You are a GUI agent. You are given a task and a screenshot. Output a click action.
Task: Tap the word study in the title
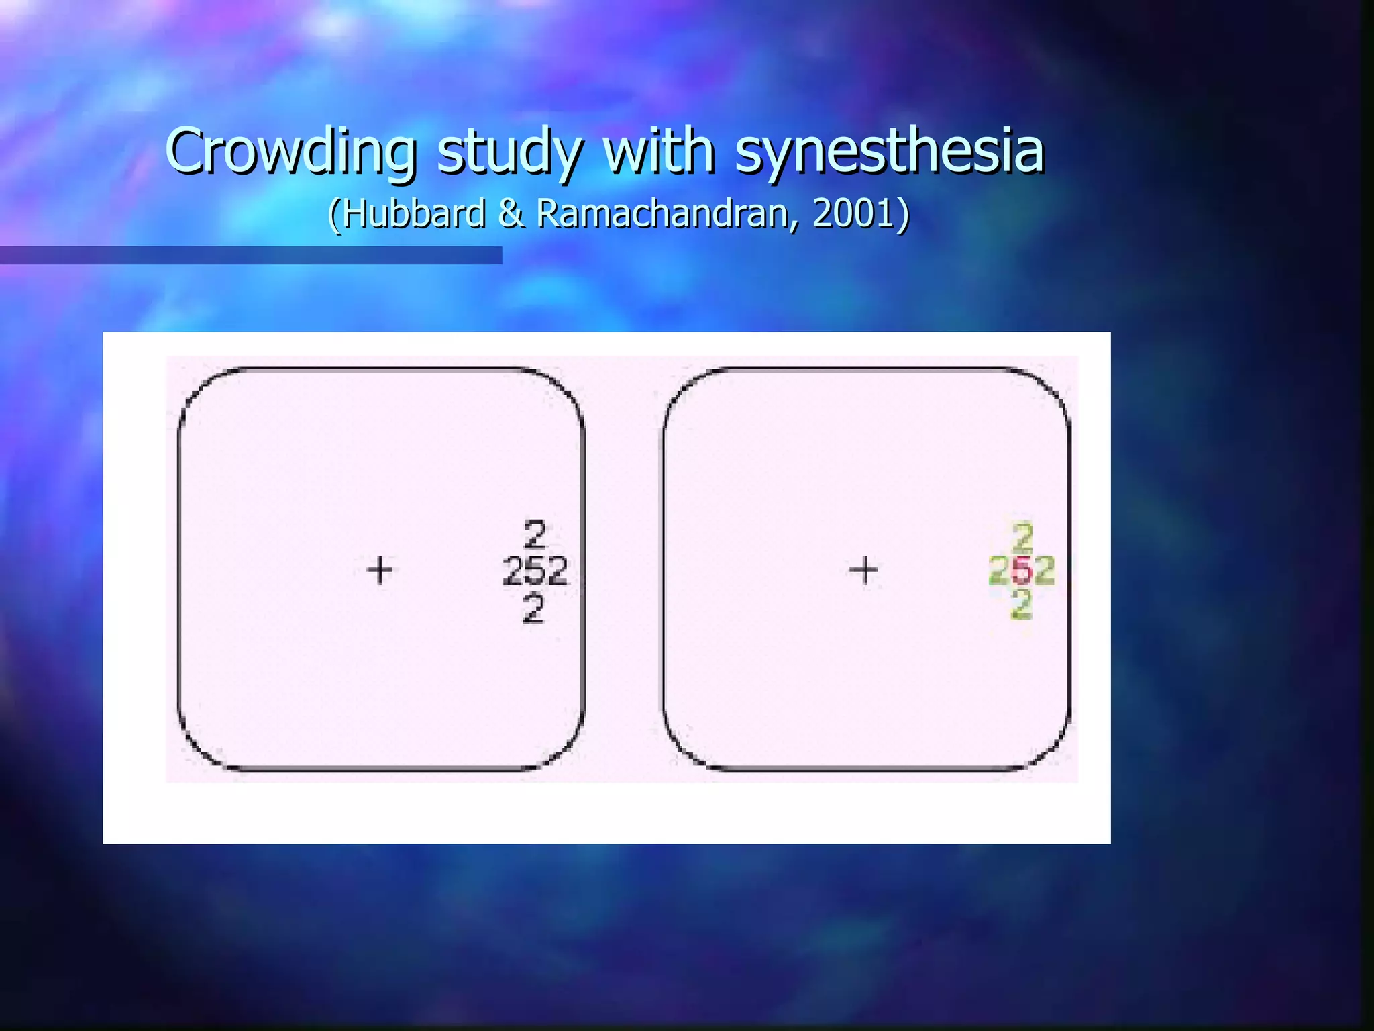pyautogui.click(x=509, y=152)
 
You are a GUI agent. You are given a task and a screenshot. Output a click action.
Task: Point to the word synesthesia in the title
pyautogui.click(x=889, y=152)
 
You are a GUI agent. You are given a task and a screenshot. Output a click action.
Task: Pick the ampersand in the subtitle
pyautogui.click(x=511, y=213)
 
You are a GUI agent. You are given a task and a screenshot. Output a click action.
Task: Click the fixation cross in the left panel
pyautogui.click(x=380, y=570)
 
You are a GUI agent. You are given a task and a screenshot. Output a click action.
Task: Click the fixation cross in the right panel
pyautogui.click(x=863, y=570)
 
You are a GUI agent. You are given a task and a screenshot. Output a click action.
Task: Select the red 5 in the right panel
pyautogui.click(x=1022, y=571)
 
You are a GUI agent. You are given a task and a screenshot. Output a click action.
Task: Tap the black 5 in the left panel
pyautogui.click(x=535, y=572)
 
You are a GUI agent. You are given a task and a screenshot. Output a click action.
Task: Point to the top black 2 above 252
pyautogui.click(x=535, y=535)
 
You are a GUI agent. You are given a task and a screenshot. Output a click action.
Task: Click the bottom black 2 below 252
pyautogui.click(x=533, y=609)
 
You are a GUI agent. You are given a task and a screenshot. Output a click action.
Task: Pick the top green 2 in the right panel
pyautogui.click(x=1022, y=536)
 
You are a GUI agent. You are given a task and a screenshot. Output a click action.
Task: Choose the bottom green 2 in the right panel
pyautogui.click(x=1021, y=604)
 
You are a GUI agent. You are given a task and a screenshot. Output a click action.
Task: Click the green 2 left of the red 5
pyautogui.click(x=1000, y=571)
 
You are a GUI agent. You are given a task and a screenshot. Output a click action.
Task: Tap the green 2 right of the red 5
pyautogui.click(x=1043, y=571)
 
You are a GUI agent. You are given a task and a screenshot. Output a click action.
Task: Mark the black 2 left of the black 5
pyautogui.click(x=514, y=572)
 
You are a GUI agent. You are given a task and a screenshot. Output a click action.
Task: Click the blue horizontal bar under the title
pyautogui.click(x=251, y=255)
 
